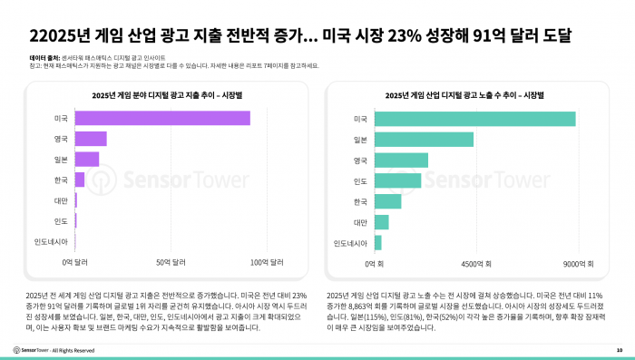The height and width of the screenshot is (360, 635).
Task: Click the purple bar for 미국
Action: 162,119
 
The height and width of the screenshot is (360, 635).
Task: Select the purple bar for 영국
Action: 91,139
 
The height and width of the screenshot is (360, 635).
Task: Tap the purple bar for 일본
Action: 87,160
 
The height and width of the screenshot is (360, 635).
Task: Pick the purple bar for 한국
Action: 80,180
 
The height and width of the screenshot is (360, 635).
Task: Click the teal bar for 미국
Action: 475,119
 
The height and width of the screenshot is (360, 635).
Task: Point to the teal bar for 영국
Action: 402,160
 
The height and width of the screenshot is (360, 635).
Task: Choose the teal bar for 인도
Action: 398,180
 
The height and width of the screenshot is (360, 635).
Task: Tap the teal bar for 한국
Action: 388,201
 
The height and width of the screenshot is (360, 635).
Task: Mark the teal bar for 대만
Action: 382,222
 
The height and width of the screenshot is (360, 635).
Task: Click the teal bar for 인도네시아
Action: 378,243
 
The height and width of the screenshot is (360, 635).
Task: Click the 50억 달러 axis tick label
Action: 171,263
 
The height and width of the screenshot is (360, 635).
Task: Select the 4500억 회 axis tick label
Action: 476,263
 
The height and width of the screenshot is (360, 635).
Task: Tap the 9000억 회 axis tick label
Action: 577,263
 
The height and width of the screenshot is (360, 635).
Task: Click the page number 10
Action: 619,349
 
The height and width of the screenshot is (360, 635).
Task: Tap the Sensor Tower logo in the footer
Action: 31,349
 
